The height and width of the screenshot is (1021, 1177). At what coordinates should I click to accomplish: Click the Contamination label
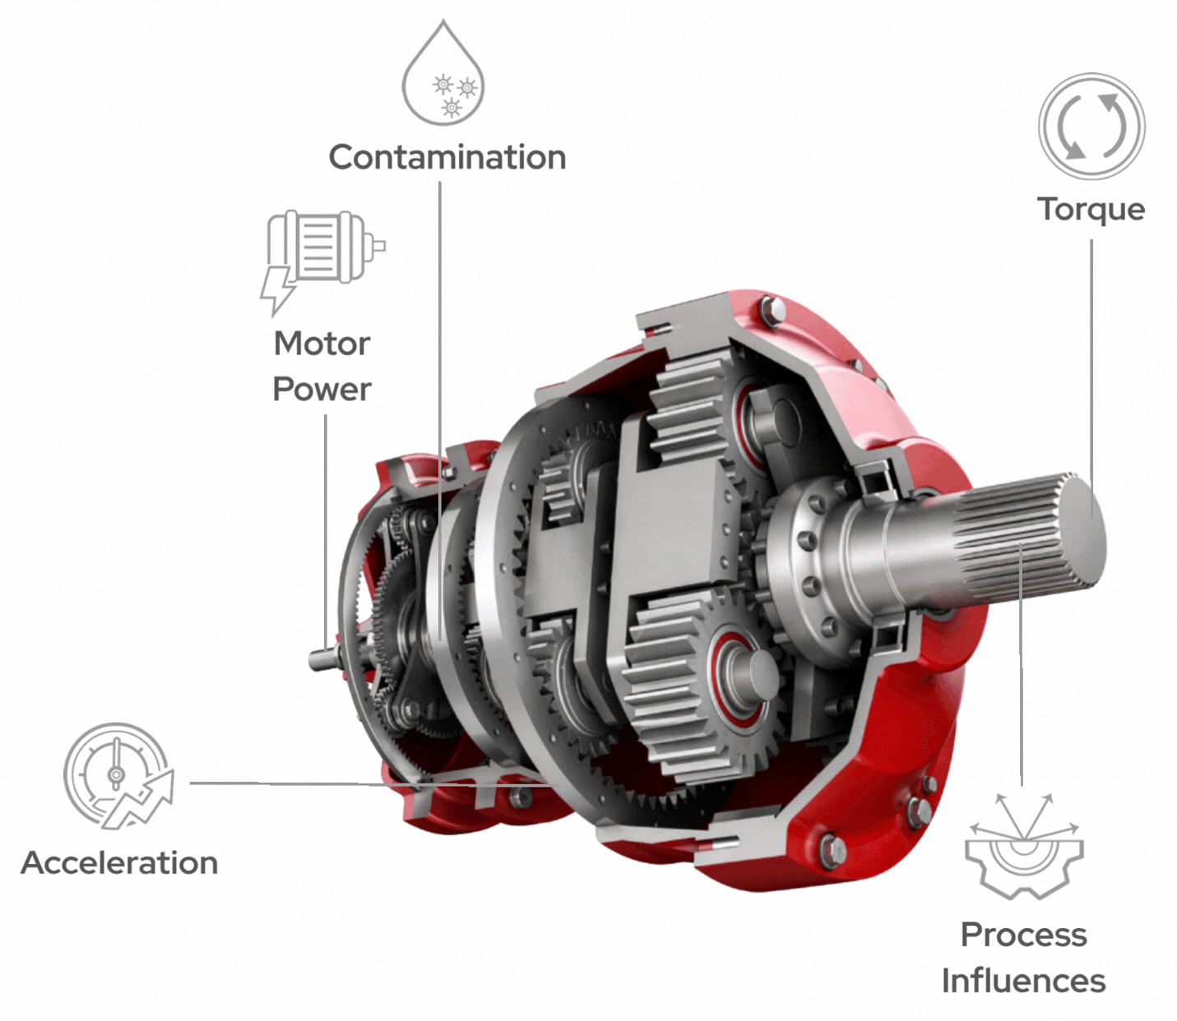tap(447, 157)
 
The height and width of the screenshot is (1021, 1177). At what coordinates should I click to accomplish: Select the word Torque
tap(1091, 210)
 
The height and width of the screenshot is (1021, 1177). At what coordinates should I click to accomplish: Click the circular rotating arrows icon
tap(1091, 126)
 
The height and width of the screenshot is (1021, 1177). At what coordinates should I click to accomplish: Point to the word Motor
tap(322, 344)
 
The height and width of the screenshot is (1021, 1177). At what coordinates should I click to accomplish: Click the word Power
tap(322, 390)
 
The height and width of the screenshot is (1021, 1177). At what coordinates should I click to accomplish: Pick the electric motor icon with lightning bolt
tap(322, 261)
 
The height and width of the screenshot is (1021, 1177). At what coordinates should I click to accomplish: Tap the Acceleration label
tap(119, 863)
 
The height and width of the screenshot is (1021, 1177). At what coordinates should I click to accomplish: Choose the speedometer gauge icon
tap(118, 775)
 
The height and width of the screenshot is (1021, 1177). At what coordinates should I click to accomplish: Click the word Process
tap(1024, 936)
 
